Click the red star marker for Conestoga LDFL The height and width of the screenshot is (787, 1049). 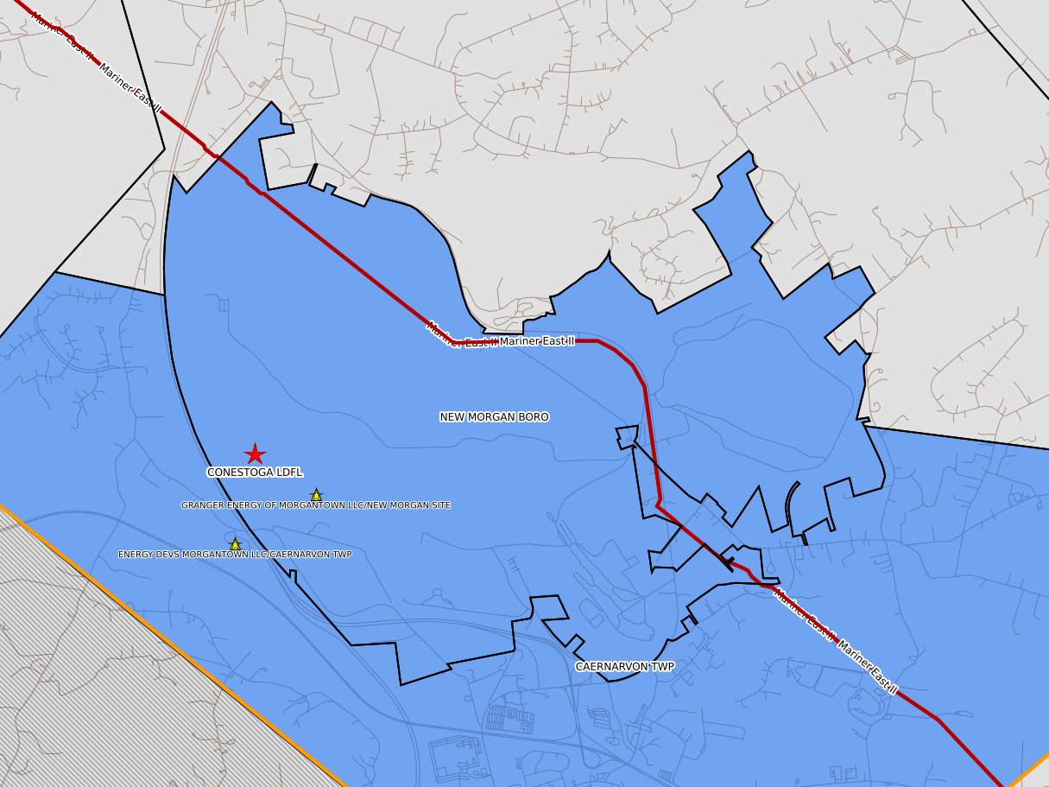click(x=255, y=454)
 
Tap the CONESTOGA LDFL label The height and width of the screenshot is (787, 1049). click(x=255, y=473)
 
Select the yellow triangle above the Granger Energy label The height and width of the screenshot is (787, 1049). click(x=316, y=495)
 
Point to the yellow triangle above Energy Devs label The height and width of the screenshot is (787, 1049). click(x=235, y=544)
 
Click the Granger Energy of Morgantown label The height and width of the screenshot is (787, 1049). click(x=316, y=505)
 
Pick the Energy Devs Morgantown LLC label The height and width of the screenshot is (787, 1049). click(x=235, y=555)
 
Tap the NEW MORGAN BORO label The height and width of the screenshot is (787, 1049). click(x=494, y=417)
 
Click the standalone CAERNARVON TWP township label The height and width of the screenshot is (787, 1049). click(x=624, y=667)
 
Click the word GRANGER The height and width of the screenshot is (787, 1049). click(x=200, y=505)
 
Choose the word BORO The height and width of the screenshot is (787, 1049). click(x=534, y=417)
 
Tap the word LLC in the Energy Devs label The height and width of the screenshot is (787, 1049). click(x=261, y=555)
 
